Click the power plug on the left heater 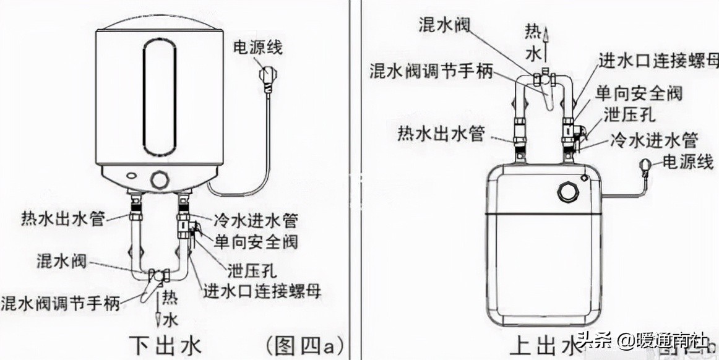(267, 82)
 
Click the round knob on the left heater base (160, 180)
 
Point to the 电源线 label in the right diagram (686, 163)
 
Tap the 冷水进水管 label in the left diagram (256, 220)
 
